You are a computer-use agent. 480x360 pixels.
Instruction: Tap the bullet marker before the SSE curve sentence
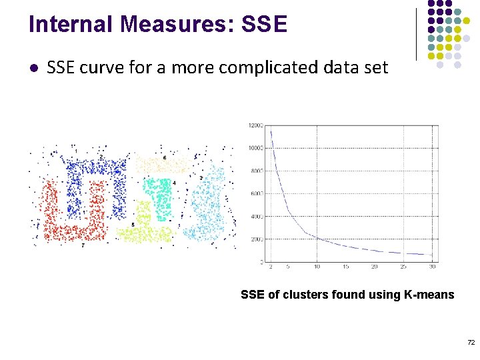click(33, 67)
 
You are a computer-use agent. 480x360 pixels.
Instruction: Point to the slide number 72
click(471, 342)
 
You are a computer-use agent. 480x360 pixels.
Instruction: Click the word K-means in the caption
click(428, 294)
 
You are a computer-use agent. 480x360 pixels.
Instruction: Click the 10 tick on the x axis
click(317, 267)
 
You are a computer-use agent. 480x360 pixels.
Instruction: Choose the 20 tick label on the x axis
click(375, 267)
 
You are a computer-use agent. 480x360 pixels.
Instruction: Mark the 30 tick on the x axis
click(433, 267)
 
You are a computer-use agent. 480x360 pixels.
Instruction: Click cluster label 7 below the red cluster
click(83, 245)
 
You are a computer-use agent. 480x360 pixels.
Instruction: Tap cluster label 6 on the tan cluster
click(165, 157)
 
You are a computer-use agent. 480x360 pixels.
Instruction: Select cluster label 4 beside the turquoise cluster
click(174, 183)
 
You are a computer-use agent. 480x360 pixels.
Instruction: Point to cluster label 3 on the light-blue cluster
click(201, 178)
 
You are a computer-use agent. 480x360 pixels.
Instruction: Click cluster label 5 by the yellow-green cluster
click(133, 225)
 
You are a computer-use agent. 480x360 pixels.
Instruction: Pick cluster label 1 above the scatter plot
click(76, 151)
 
